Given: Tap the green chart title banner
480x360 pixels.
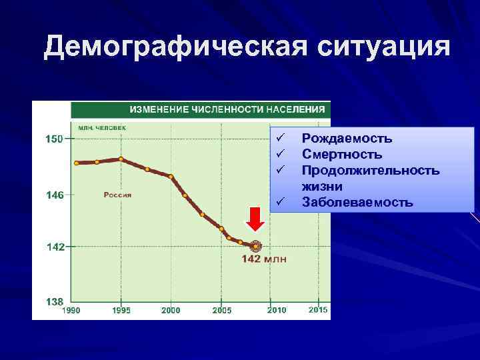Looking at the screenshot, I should pos(201,109).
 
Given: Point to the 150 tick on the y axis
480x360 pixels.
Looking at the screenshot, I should pos(54,139).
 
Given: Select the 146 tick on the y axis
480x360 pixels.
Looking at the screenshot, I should pos(54,195).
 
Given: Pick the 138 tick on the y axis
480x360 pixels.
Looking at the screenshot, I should pos(54,301).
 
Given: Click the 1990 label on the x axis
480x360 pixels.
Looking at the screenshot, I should pos(71,310).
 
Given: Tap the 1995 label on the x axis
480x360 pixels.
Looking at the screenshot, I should pos(121,310).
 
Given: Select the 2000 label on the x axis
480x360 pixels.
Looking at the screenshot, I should pos(171,310).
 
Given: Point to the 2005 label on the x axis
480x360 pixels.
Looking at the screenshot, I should pos(222,310).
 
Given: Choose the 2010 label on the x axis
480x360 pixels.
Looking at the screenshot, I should pos(276,310).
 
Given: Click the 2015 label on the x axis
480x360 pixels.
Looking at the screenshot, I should pos(318,310).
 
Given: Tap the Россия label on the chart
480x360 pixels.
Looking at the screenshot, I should pos(117,195).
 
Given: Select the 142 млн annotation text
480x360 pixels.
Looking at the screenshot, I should pos(264,259).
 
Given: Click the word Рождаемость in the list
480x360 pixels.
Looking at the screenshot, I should pos(347,139).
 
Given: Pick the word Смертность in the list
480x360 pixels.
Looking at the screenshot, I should pos(342,155).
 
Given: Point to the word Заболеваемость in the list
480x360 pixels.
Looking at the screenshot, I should pos(357,202).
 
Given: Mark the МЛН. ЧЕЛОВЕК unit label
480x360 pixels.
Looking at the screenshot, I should pos(102,127).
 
